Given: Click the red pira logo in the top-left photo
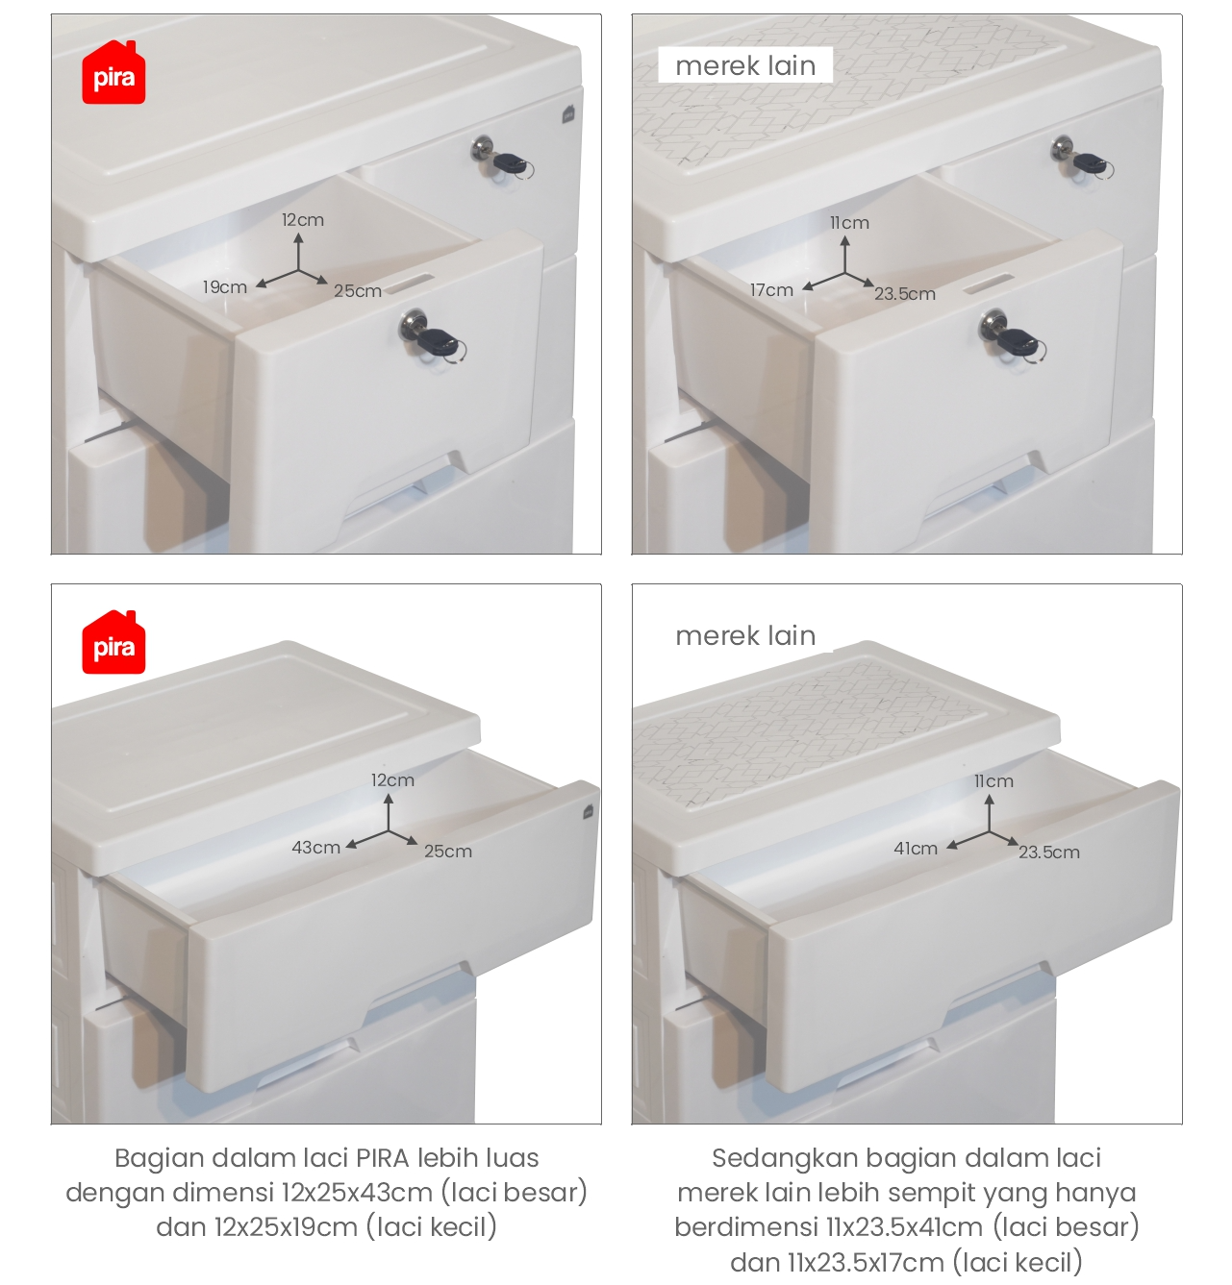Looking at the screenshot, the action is coord(113,73).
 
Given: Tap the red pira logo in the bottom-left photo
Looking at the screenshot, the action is coord(113,642).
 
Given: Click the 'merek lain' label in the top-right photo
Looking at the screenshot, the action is coord(745,66).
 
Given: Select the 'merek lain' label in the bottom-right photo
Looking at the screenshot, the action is coord(745,636).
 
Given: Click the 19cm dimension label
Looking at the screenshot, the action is coord(225,287).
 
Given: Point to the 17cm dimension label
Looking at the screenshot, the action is coord(771,290).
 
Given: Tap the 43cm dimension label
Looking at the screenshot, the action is coord(315,847).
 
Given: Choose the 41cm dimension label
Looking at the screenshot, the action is coord(916,849).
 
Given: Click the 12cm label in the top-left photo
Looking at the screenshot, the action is coord(303,220).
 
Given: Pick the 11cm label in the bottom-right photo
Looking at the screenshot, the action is coord(993,781).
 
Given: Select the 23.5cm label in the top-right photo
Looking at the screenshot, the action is coord(905,294).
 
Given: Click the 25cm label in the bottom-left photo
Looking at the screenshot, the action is coord(448,852).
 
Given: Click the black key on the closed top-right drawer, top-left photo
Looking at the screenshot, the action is coord(511,163).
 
